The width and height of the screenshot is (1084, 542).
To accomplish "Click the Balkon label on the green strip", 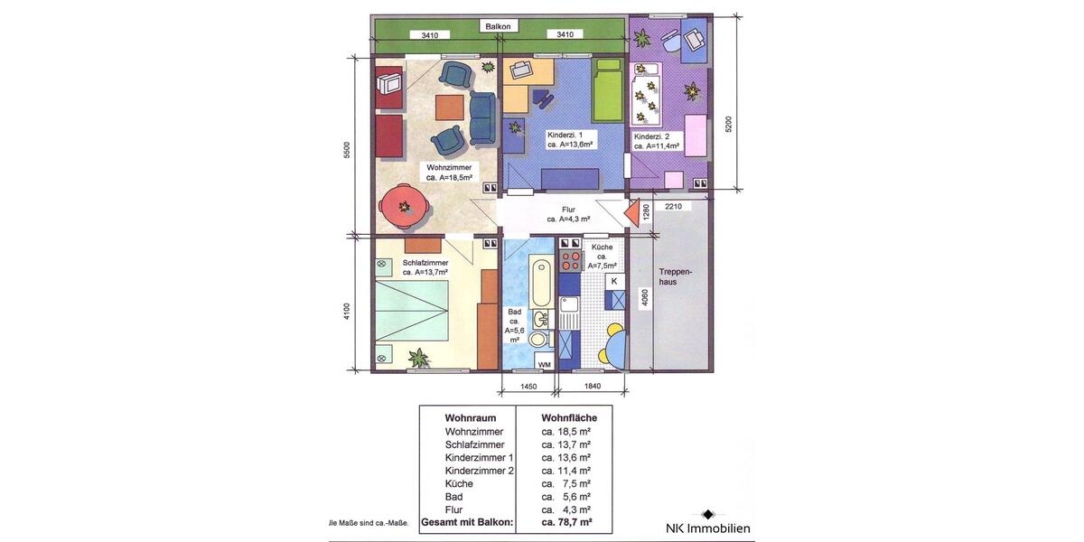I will coord(498,27).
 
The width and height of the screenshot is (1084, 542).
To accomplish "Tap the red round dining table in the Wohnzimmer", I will coord(403,207).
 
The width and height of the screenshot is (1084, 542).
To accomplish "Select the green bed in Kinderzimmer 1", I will coord(608,91).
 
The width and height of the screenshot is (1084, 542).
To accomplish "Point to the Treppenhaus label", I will coord(675,276).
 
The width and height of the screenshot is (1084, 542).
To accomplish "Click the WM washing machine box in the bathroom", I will coord(544,363).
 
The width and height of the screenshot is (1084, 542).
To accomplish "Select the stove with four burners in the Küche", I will coord(571,260).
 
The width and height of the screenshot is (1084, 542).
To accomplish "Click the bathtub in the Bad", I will coord(541,284).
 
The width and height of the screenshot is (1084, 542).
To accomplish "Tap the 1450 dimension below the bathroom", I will coord(528,387).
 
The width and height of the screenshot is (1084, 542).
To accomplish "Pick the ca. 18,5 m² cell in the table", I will coord(566,432).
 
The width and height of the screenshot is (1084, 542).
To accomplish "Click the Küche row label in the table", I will coord(459,483).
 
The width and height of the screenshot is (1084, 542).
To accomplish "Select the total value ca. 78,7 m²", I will coord(566,522).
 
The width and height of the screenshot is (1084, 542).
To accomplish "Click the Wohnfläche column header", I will coord(569,418).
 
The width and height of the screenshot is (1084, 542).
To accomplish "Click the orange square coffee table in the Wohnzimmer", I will coord(451,107).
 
